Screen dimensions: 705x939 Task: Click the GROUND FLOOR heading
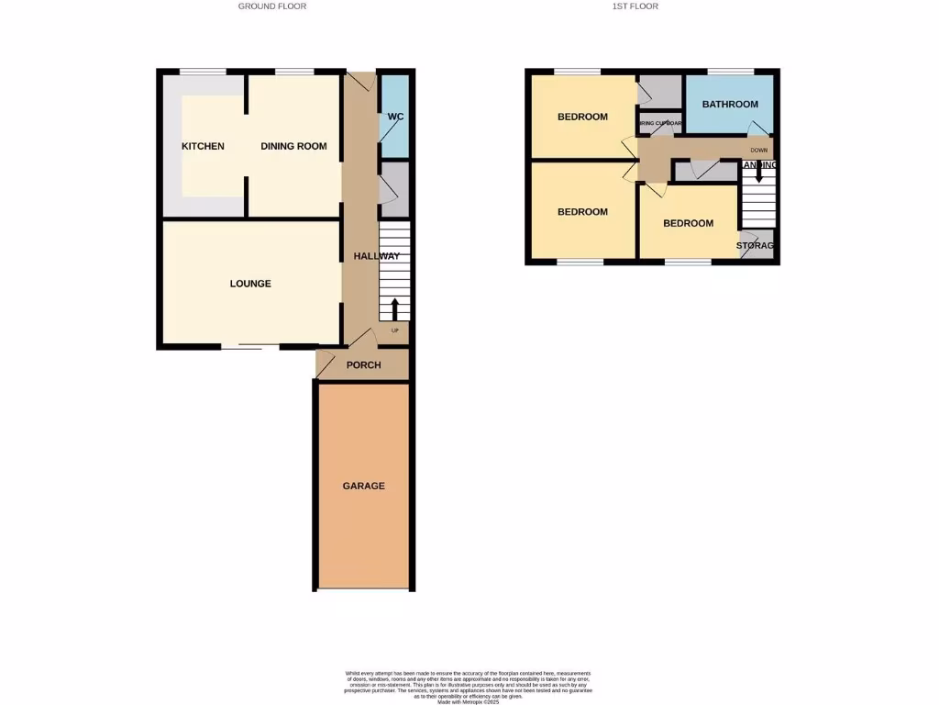click(x=271, y=6)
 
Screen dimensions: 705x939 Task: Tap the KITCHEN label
click(x=203, y=147)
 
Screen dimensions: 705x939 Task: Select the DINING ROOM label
click(x=293, y=147)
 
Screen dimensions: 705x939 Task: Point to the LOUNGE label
click(x=250, y=284)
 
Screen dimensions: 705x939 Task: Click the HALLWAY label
click(x=377, y=257)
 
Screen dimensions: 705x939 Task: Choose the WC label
click(x=395, y=117)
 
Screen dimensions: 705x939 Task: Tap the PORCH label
click(x=363, y=365)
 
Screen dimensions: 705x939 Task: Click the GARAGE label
click(x=364, y=486)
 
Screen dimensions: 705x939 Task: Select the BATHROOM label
click(x=730, y=105)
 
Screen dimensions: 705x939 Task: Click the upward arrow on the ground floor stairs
click(x=395, y=309)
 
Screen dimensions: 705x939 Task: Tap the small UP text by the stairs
click(x=395, y=330)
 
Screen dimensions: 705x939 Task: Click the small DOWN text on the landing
click(x=758, y=150)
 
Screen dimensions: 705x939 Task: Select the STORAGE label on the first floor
click(x=756, y=246)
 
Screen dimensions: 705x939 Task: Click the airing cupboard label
click(x=660, y=123)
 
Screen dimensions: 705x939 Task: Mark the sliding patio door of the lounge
click(x=249, y=347)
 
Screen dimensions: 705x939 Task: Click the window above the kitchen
click(x=203, y=72)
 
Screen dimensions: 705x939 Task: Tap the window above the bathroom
click(x=730, y=72)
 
